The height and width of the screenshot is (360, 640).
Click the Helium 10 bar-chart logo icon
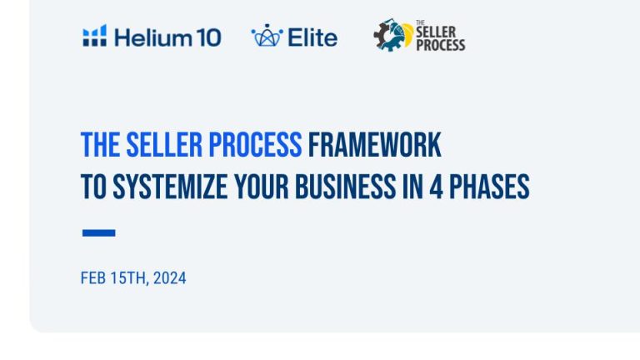click(95, 36)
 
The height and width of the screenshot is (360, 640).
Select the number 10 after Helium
click(206, 37)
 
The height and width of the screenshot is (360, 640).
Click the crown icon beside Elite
click(267, 35)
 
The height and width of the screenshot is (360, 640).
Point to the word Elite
click(312, 37)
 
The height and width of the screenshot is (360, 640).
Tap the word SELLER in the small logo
click(436, 32)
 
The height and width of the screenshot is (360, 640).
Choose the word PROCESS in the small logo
click(440, 45)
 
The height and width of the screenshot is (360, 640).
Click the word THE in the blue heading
click(100, 144)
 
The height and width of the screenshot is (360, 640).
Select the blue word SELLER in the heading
click(164, 144)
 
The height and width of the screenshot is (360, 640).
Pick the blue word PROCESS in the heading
click(255, 144)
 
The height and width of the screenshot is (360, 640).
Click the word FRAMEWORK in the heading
click(375, 144)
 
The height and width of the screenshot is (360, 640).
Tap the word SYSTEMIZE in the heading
click(170, 187)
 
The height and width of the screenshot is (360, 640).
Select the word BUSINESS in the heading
click(345, 187)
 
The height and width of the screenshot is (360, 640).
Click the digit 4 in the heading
click(436, 187)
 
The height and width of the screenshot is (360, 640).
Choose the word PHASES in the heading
click(489, 187)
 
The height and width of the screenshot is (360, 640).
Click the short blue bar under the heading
click(99, 232)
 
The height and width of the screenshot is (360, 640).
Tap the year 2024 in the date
click(170, 278)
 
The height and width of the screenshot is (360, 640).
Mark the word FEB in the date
click(93, 278)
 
